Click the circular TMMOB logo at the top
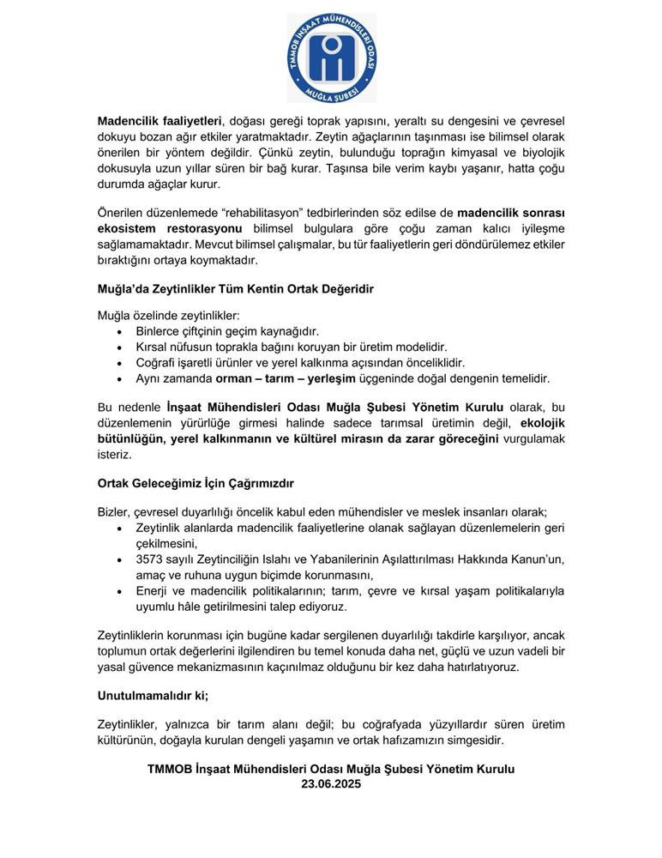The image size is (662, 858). pos(331,57)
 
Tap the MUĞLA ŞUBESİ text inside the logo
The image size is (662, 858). pos(331,92)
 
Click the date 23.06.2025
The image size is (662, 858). pos(331,784)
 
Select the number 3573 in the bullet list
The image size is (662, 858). pos(151,559)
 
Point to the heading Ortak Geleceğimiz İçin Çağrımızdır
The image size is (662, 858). pos(196,484)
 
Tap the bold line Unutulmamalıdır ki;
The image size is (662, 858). pos(153,696)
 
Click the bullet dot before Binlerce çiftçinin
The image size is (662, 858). pos(118,331)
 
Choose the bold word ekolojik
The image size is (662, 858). pos(543,423)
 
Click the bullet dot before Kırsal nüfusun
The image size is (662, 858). pos(118,347)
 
